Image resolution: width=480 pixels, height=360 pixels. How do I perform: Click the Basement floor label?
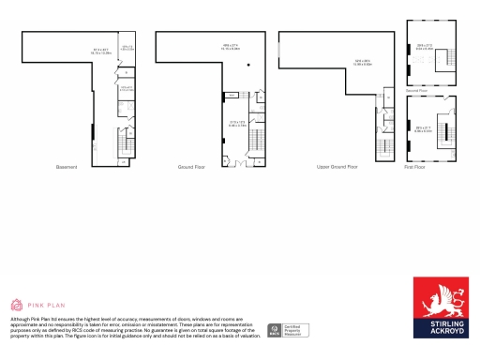click(x=67, y=167)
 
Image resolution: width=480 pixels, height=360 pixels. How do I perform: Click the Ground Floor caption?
click(x=191, y=167)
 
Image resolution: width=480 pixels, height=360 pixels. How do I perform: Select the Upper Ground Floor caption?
click(x=337, y=167)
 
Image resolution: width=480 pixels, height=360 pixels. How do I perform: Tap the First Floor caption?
click(x=414, y=167)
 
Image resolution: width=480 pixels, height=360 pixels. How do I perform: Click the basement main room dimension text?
click(x=101, y=52)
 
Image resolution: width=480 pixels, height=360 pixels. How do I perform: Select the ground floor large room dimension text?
click(x=231, y=48)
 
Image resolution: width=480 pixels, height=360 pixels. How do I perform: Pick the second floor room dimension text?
click(x=424, y=46)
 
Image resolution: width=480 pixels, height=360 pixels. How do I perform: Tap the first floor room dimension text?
click(x=424, y=129)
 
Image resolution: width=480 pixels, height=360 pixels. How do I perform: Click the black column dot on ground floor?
click(x=248, y=65)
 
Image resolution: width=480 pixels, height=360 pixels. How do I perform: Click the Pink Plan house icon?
click(x=16, y=305)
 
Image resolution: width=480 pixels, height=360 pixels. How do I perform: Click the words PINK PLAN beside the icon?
click(x=44, y=306)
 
